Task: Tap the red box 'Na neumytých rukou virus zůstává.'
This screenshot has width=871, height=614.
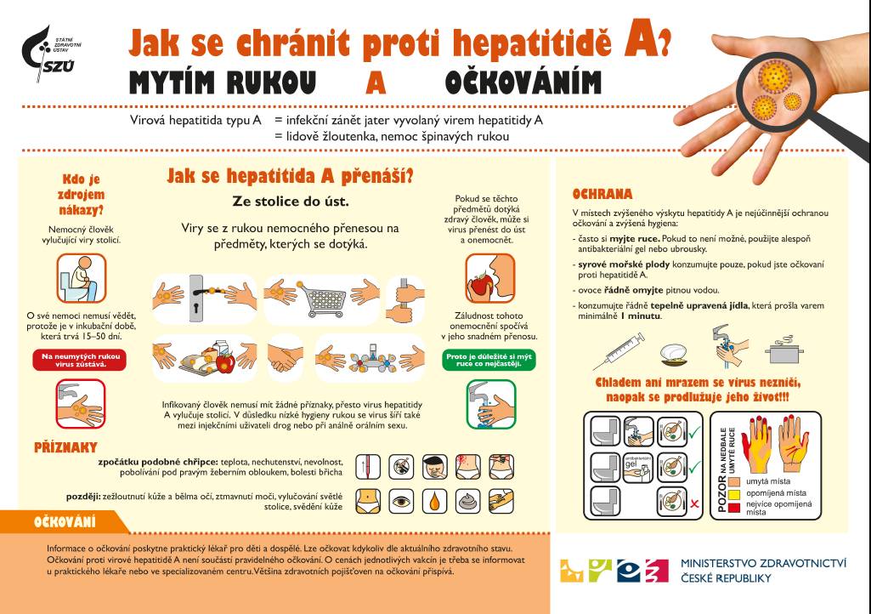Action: [74, 360]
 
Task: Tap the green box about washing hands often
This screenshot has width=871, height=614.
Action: [489, 359]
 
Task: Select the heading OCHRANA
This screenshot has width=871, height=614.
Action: [602, 193]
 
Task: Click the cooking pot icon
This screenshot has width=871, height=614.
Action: [779, 350]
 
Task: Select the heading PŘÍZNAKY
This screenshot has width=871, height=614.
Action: [65, 446]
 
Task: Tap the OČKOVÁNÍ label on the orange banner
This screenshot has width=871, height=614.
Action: [65, 521]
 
